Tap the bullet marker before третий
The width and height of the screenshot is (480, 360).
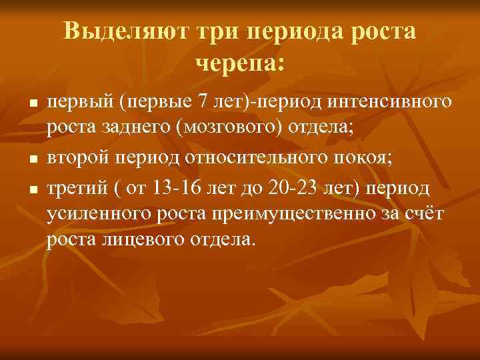(31, 190)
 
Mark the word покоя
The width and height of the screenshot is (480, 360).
(368, 158)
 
